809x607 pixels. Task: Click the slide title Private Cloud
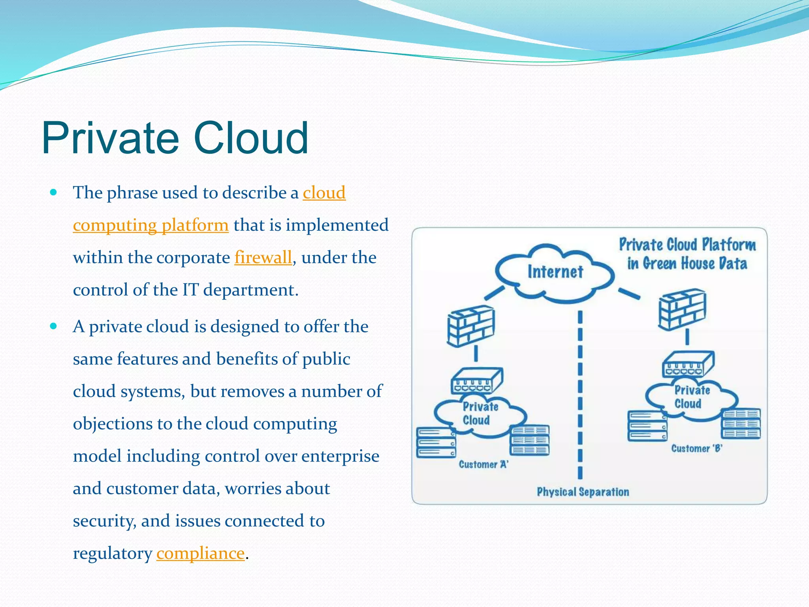(175, 138)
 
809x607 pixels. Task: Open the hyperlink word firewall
(263, 258)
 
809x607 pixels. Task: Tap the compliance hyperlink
(200, 553)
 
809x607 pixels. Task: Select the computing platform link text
(151, 225)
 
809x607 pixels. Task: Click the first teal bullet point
(54, 193)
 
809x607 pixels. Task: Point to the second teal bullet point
(54, 326)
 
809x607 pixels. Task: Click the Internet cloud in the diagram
(555, 272)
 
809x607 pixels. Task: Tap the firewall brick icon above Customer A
(471, 326)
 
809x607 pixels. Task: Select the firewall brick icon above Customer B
(682, 309)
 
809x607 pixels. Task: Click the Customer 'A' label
(484, 464)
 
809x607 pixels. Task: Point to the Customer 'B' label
(697, 449)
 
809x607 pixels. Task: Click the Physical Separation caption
(583, 492)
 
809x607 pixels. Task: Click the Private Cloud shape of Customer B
(691, 397)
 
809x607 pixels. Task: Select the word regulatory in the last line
(113, 553)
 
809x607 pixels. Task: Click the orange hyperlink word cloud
(324, 193)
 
